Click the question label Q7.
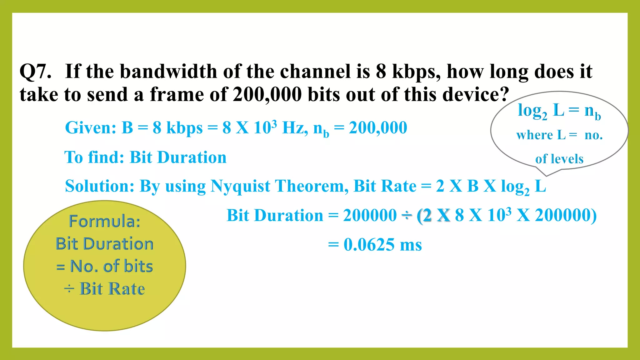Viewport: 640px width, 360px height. coord(35,72)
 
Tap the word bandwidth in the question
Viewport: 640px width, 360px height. coord(169,72)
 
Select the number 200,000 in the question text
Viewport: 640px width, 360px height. coord(267,94)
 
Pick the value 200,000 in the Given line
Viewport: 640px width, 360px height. coord(378,128)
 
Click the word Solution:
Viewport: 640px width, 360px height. coord(100,186)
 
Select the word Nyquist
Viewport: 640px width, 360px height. coord(240,186)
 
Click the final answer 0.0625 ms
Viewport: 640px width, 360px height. coord(382,245)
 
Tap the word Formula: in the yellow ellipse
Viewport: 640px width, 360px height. coord(105,221)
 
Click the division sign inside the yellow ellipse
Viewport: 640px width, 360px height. coord(69,289)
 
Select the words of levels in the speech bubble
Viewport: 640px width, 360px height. coord(559,159)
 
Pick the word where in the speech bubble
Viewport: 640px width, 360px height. coord(534,135)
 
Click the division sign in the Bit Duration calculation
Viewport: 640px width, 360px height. coord(407,216)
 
